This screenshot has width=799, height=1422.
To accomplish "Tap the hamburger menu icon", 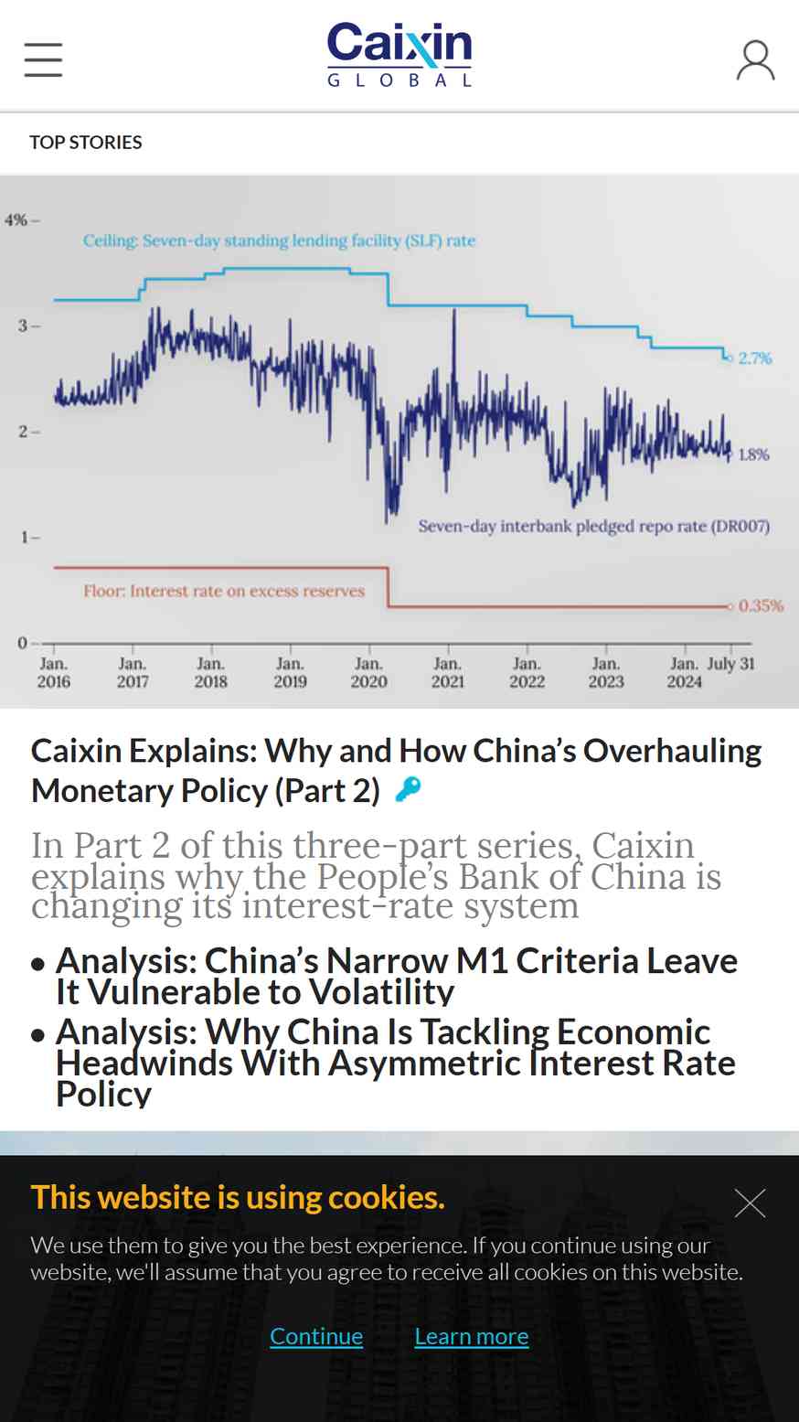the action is pyautogui.click(x=43, y=59).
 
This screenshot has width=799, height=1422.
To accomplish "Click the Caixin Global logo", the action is pyautogui.click(x=399, y=55).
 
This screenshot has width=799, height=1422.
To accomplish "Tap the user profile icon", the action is pyautogui.click(x=755, y=60).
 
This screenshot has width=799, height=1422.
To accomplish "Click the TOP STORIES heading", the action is pyautogui.click(x=86, y=143).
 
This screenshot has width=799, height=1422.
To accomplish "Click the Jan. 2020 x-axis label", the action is pyautogui.click(x=368, y=673).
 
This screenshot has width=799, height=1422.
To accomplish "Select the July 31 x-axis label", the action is pyautogui.click(x=730, y=664).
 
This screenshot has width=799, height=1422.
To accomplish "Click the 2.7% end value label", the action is pyautogui.click(x=755, y=358).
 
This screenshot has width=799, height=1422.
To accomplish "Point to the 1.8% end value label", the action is pyautogui.click(x=753, y=454).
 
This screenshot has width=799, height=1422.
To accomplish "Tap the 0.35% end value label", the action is pyautogui.click(x=761, y=605).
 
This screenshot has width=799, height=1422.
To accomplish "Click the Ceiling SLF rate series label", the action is pyautogui.click(x=279, y=241).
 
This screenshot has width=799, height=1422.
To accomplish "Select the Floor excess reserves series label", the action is pyautogui.click(x=224, y=591).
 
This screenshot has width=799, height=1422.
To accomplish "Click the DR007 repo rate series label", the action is pyautogui.click(x=594, y=526).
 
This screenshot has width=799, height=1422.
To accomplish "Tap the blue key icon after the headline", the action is pyautogui.click(x=408, y=790).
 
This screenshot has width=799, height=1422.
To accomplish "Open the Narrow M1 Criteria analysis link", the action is pyautogui.click(x=397, y=977).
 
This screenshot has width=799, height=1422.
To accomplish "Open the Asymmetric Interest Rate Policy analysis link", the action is pyautogui.click(x=395, y=1063).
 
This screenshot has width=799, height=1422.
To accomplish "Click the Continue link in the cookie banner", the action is pyautogui.click(x=316, y=1336).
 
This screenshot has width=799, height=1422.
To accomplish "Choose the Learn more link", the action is pyautogui.click(x=472, y=1336).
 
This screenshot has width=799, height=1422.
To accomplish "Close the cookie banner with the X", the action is pyautogui.click(x=750, y=1203).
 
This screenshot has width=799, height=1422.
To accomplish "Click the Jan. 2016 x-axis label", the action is pyautogui.click(x=53, y=673).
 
